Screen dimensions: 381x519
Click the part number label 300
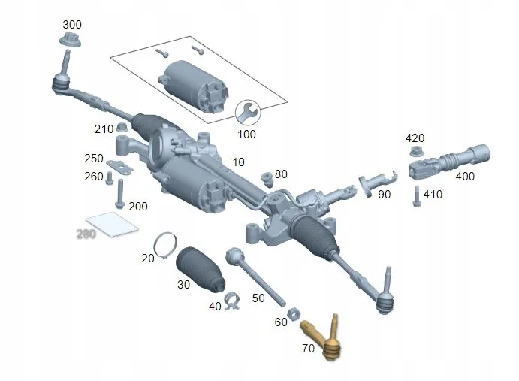(x=72, y=25)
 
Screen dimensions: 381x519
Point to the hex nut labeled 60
(x=296, y=312)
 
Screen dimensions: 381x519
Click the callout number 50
(x=258, y=298)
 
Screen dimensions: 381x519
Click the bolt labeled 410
(x=416, y=195)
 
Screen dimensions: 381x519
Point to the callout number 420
(x=415, y=138)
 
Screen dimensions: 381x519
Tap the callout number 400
(x=465, y=177)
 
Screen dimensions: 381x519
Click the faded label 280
(x=86, y=234)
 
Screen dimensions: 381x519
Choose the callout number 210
(x=104, y=129)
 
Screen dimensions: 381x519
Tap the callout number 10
(x=238, y=162)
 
